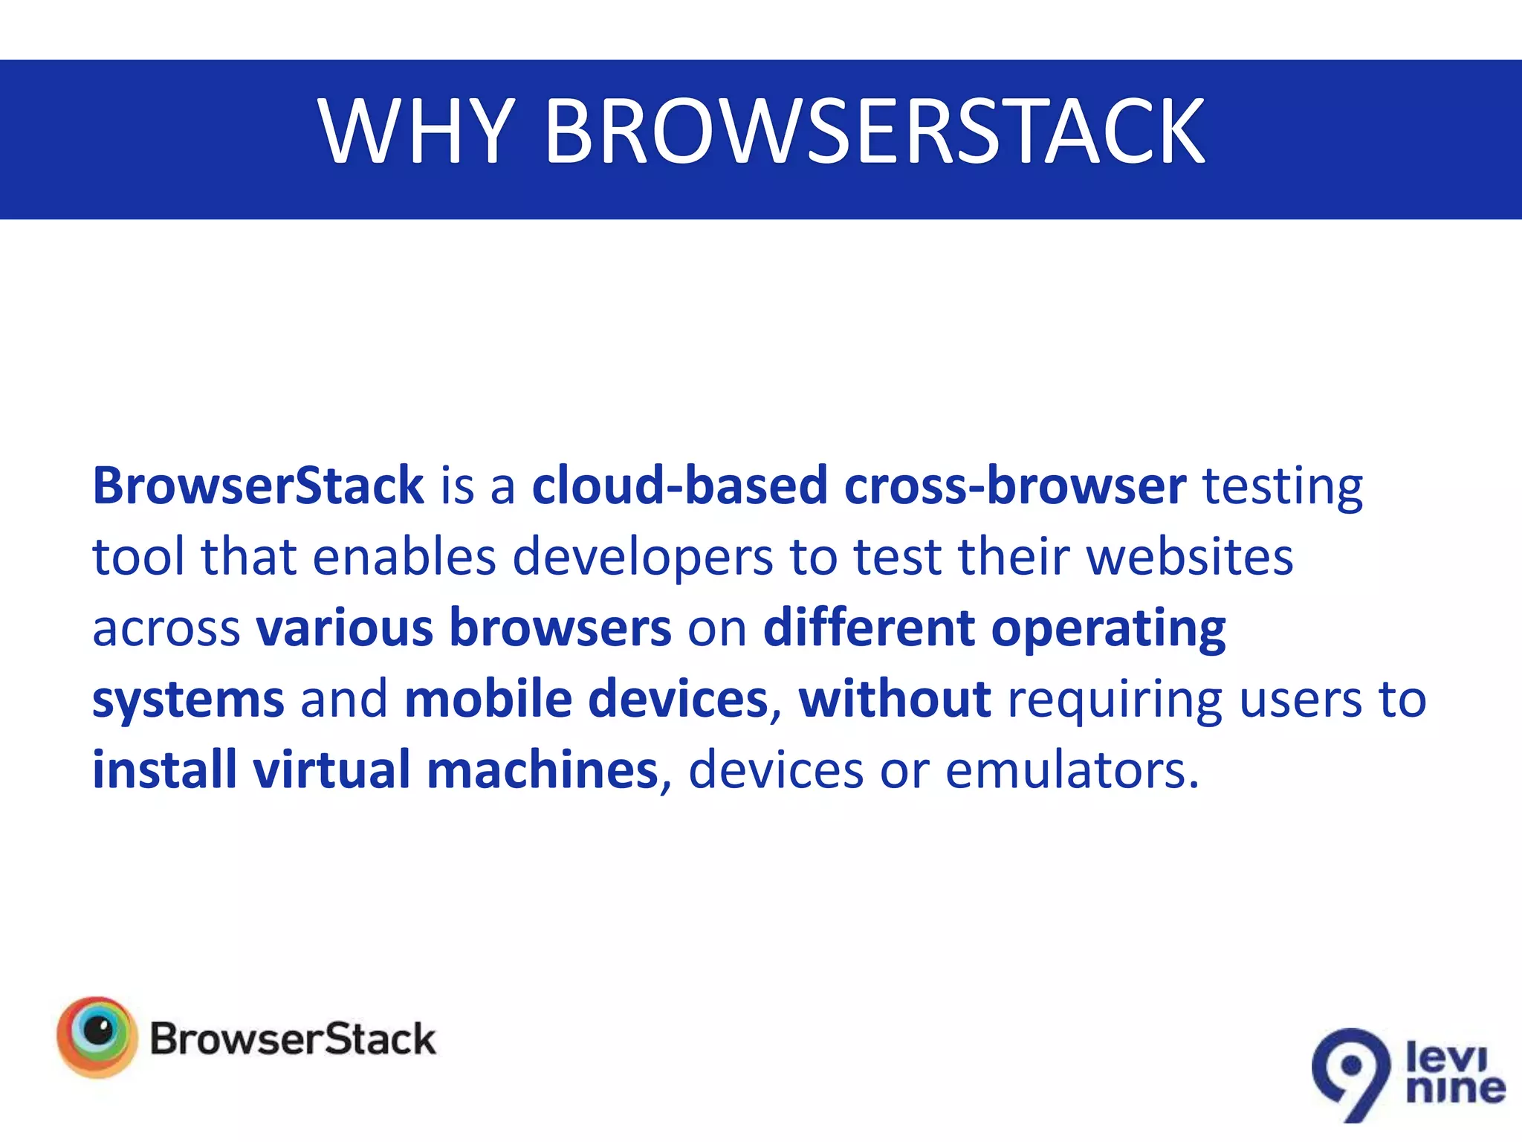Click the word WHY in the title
point(416,132)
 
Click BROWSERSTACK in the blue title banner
point(875,132)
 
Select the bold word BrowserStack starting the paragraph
point(258,485)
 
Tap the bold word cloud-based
point(679,485)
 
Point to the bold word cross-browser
point(1015,485)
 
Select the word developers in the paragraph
point(643,558)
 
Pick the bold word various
point(345,628)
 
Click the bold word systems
point(188,700)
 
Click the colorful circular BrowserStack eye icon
point(97,1036)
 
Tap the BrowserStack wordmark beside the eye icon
point(293,1039)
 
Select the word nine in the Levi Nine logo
point(1455,1088)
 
